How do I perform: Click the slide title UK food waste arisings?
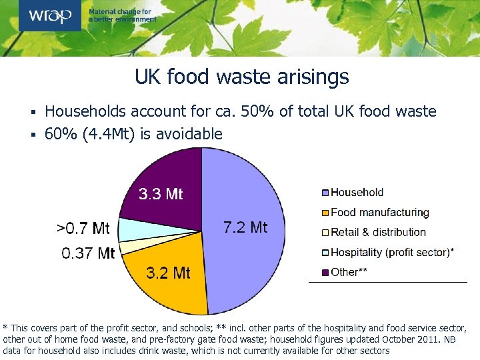coord(241,77)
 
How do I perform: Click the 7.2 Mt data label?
coord(245,227)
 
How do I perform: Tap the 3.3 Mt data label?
coord(160,194)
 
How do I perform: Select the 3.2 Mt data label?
coord(168,273)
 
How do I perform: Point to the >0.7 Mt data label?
coord(83,229)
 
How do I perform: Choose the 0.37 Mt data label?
coord(88,253)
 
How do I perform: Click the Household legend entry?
coord(357,193)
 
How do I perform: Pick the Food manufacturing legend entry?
coord(379,213)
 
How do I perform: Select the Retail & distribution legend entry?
coord(377,233)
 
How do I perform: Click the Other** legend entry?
coord(349,273)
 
